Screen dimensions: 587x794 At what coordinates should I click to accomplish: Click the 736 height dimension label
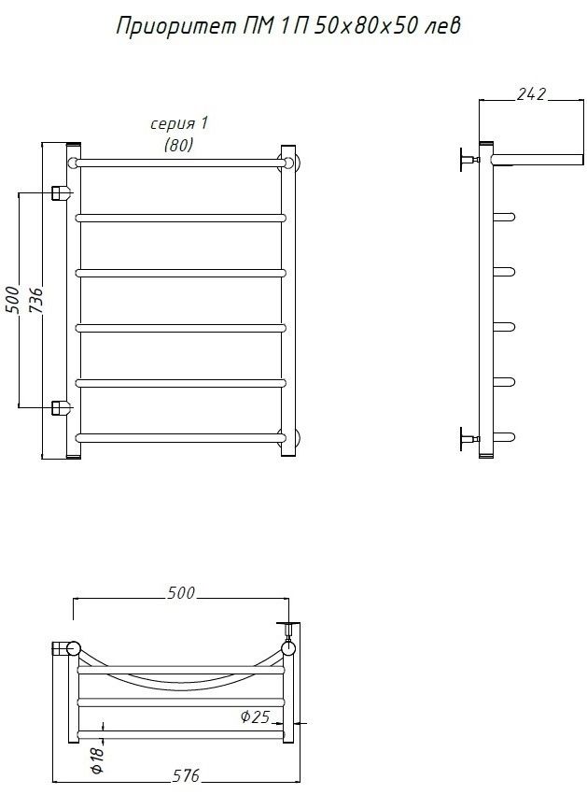35,302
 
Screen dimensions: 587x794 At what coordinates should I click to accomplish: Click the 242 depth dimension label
531,94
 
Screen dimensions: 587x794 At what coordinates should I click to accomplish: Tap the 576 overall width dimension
187,775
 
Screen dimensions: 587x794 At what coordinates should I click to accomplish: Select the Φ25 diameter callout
255,716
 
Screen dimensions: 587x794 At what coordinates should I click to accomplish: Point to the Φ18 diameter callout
97,760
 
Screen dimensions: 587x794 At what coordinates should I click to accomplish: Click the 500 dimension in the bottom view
181,592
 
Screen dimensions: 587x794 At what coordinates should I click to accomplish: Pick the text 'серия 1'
179,123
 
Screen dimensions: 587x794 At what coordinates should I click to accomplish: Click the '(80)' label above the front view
178,146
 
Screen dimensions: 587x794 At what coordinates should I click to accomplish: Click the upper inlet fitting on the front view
61,193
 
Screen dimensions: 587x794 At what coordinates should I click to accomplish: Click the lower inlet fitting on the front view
61,407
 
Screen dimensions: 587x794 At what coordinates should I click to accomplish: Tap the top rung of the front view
180,163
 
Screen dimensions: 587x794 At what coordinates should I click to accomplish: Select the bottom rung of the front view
180,437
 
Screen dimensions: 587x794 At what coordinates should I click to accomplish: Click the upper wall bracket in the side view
469,160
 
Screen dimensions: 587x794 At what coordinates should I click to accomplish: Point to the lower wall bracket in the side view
469,438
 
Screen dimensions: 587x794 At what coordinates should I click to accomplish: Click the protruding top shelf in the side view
538,160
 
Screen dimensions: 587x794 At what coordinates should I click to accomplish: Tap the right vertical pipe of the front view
288,301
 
